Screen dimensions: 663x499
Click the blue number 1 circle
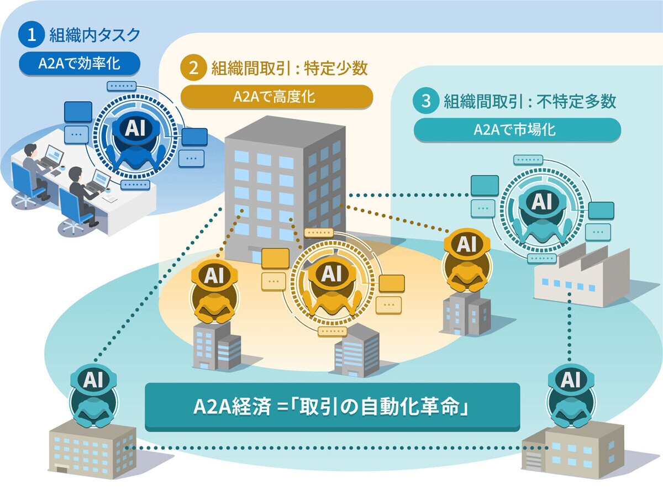(x=31, y=34)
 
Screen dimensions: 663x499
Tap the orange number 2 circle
(x=193, y=67)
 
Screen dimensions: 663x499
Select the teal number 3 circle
(x=426, y=101)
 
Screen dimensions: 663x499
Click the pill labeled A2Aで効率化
(x=80, y=64)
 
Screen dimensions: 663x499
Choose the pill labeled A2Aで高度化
(x=277, y=97)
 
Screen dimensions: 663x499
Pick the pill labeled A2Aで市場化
(x=517, y=130)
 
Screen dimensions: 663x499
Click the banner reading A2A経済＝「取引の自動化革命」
(x=332, y=407)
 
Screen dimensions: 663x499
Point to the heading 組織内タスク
(x=95, y=35)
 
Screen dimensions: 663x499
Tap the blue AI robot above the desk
(x=135, y=142)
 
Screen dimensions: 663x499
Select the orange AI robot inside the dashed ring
(x=331, y=287)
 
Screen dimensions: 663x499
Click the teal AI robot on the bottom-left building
(x=93, y=396)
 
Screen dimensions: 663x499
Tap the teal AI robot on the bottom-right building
(x=571, y=396)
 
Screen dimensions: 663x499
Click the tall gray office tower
(x=285, y=190)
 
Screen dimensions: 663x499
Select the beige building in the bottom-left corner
(x=92, y=450)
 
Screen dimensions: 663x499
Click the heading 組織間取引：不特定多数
(x=530, y=101)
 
